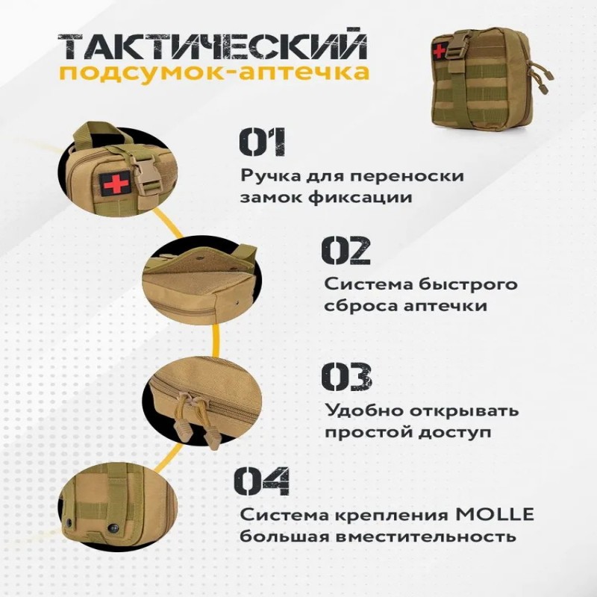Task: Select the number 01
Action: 262,142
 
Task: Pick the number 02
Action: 346,250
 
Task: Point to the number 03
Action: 346,376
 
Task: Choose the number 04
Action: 262,481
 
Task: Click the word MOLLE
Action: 495,514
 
